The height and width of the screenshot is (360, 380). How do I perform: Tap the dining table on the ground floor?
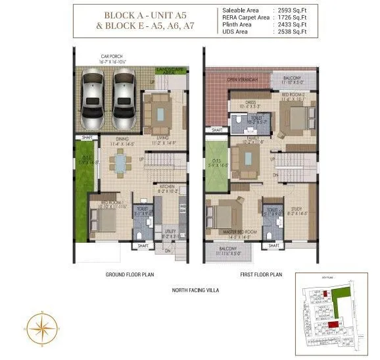pos(120,161)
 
